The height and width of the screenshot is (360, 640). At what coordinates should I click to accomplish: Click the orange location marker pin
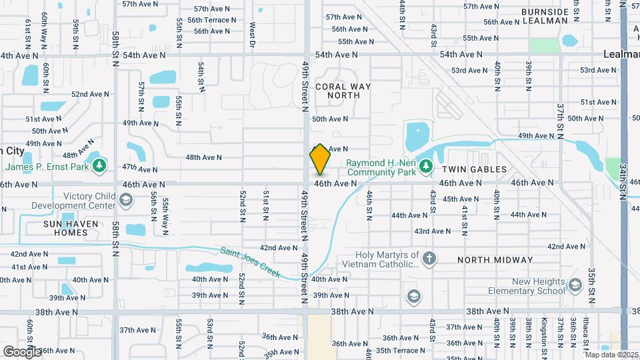(x=320, y=160)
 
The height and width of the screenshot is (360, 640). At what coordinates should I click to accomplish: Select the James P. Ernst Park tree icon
(x=99, y=165)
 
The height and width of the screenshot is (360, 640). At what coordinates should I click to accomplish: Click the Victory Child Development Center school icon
(x=125, y=200)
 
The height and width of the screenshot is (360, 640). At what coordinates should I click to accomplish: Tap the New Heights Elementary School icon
(x=575, y=286)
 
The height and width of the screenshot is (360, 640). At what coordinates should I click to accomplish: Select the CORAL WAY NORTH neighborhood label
(x=337, y=91)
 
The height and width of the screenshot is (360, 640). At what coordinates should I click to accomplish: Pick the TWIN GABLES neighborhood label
(x=475, y=169)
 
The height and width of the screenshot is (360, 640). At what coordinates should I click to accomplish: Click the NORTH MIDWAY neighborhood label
(x=495, y=259)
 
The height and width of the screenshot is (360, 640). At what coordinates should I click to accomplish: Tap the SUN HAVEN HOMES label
(x=65, y=228)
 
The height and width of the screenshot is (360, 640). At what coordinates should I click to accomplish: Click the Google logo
(x=21, y=351)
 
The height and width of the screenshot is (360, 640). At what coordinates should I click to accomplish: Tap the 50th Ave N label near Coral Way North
(x=330, y=119)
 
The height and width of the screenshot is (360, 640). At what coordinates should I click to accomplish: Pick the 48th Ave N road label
(x=203, y=157)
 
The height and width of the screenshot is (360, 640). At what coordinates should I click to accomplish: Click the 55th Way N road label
(x=165, y=213)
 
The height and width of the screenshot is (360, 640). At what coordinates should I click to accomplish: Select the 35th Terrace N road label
(x=400, y=350)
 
